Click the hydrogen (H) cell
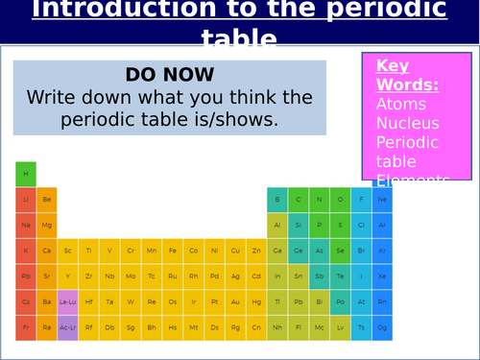coord(26,174)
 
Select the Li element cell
coord(26,200)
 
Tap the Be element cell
coord(47,200)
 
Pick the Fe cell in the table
coord(173,251)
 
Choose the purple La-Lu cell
coord(68,301)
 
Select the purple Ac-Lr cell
coord(68,326)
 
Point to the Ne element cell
coord(382,200)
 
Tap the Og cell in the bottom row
coord(382,326)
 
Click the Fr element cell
coord(26,326)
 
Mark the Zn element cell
coord(256,251)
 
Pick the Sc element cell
coord(68,251)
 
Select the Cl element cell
coord(361,225)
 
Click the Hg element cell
coord(256,301)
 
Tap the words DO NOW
coord(169,75)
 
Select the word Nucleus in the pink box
coord(407,123)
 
